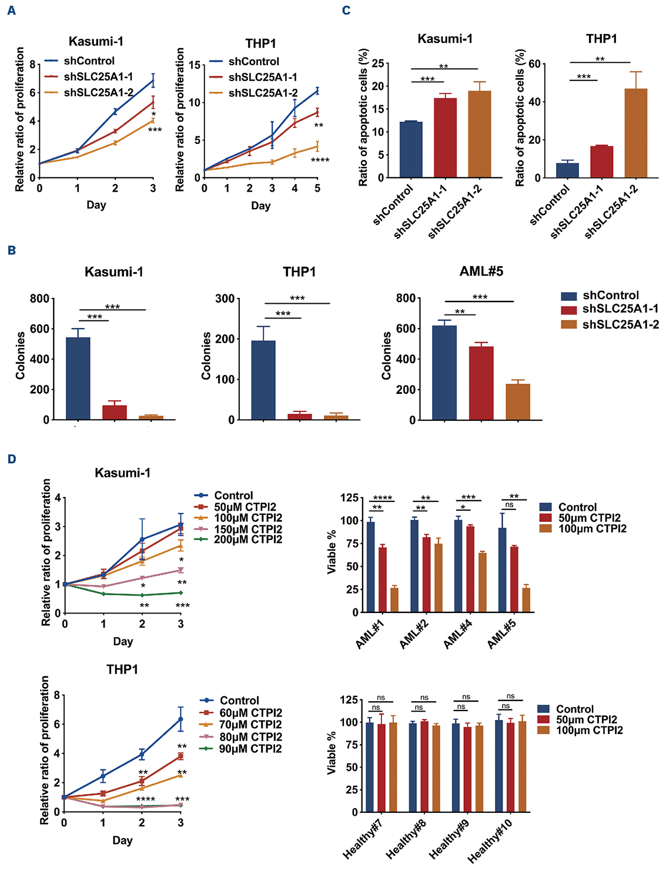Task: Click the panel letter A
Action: (x=12, y=11)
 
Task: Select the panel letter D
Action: (x=12, y=458)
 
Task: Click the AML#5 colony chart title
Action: (x=481, y=272)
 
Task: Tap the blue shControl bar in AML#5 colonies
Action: (x=444, y=373)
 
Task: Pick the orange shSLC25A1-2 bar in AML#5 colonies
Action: (x=517, y=402)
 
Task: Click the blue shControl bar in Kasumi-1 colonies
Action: (x=78, y=378)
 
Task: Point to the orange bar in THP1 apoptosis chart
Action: (x=635, y=133)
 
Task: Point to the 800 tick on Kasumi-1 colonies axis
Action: (x=39, y=299)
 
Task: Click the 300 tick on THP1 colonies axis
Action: (x=225, y=299)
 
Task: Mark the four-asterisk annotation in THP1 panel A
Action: (x=320, y=160)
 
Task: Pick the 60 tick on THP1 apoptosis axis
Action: (x=534, y=64)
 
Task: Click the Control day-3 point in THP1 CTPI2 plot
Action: (x=180, y=719)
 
